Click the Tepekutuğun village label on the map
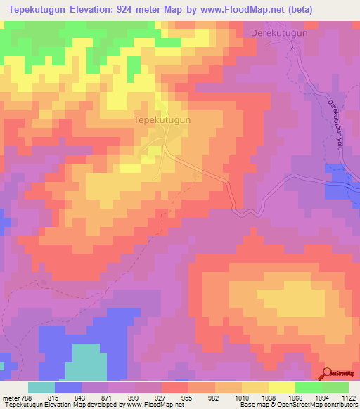pyautogui.click(x=162, y=120)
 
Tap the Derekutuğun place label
pyautogui.click(x=280, y=32)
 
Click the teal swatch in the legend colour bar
pyautogui.click(x=41, y=387)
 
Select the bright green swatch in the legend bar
pyautogui.click(x=309, y=387)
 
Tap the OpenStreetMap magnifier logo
pyautogui.click(x=327, y=373)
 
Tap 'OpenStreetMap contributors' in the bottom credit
pyautogui.click(x=319, y=405)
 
